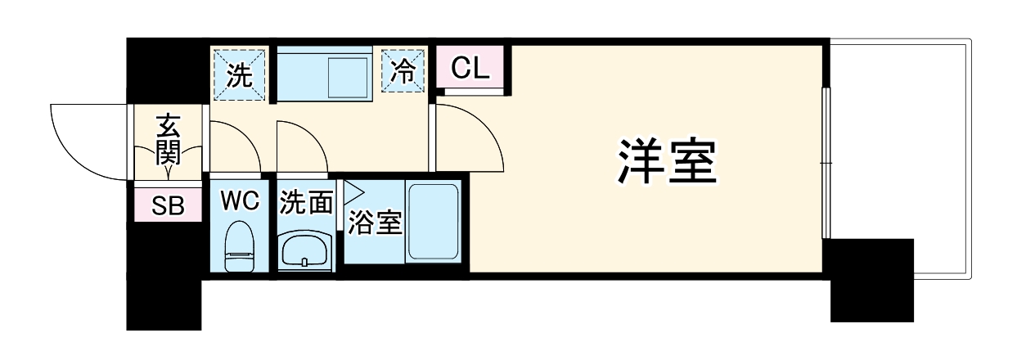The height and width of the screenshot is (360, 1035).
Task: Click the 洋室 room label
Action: [666, 161]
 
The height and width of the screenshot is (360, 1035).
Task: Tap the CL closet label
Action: [470, 67]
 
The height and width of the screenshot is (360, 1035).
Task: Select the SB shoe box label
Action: [168, 206]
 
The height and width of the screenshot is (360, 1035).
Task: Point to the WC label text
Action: [240, 200]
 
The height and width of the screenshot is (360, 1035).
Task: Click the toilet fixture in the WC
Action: [240, 246]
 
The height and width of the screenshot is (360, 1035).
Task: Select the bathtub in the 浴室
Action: [433, 223]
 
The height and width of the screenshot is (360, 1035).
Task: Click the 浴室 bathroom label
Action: [376, 223]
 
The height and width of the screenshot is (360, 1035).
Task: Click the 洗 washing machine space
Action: [240, 74]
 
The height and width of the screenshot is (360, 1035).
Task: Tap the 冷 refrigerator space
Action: [403, 73]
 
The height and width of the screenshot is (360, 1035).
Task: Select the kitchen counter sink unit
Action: [325, 74]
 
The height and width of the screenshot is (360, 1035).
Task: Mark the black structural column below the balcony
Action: [871, 280]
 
